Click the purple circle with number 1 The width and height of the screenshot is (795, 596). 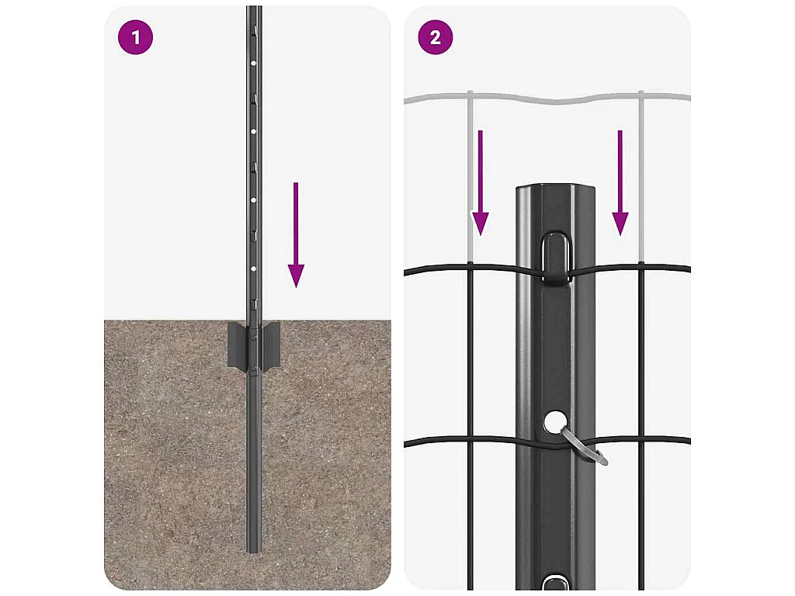[x=135, y=37]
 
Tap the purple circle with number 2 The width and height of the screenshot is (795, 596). [x=436, y=37]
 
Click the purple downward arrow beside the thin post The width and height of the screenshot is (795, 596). [x=296, y=235]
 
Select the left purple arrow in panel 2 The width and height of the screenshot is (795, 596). [x=480, y=182]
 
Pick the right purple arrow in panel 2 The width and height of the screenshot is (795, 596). [x=620, y=182]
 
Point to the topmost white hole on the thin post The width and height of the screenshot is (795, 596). [x=253, y=63]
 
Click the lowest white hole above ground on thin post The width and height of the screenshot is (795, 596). [x=253, y=269]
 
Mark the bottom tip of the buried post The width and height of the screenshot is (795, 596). [x=254, y=552]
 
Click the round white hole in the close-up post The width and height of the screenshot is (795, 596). [x=556, y=422]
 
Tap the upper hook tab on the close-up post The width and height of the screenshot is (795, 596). [x=555, y=258]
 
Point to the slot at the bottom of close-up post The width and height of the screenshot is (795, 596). [x=555, y=582]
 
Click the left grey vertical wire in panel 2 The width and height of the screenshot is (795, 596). [x=470, y=178]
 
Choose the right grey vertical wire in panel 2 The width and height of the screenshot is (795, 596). [x=641, y=178]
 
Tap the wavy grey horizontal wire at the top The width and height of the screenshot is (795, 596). [x=547, y=99]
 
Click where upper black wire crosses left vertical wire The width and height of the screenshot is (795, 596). [x=470, y=265]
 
